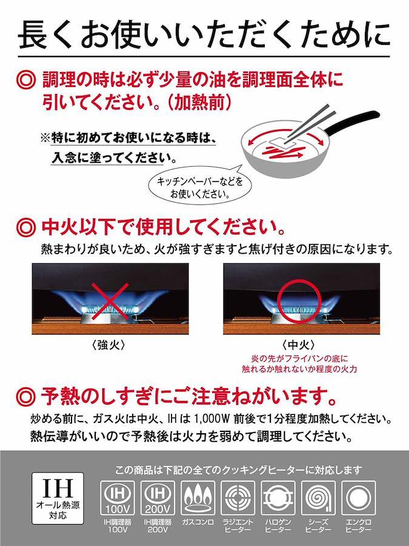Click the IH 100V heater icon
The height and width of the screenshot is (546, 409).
click(x=117, y=498)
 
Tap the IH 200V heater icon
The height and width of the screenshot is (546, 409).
click(x=158, y=498)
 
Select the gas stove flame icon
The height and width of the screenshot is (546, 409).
click(x=198, y=498)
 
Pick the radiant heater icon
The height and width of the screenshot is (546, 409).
click(x=238, y=498)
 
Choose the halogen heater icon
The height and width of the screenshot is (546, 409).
click(x=278, y=498)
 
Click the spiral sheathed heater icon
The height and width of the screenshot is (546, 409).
click(x=318, y=498)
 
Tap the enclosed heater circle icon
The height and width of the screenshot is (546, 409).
click(x=359, y=498)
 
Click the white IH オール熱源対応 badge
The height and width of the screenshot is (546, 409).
click(x=58, y=498)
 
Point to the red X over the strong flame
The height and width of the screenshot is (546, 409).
click(x=110, y=301)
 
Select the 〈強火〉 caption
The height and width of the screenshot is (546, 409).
click(x=111, y=345)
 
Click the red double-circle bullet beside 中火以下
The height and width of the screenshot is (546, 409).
click(x=25, y=227)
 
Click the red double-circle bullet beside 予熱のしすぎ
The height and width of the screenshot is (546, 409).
click(x=25, y=397)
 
